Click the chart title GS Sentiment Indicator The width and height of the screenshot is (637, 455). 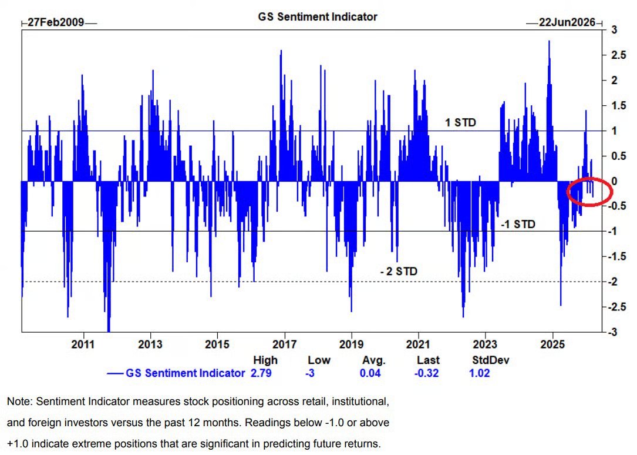tap(318, 16)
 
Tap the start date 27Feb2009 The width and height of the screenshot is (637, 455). tap(55, 23)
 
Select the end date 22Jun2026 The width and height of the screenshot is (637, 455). tap(567, 23)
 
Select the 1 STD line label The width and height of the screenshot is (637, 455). tap(460, 123)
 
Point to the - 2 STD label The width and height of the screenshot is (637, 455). tap(399, 272)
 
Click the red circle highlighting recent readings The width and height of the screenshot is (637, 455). tap(589, 191)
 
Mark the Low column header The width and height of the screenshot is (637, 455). tap(319, 360)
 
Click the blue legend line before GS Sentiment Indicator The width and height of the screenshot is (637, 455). tap(115, 373)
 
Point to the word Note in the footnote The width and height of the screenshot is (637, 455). tap(19, 402)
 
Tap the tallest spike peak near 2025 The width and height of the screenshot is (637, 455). tap(549, 41)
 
